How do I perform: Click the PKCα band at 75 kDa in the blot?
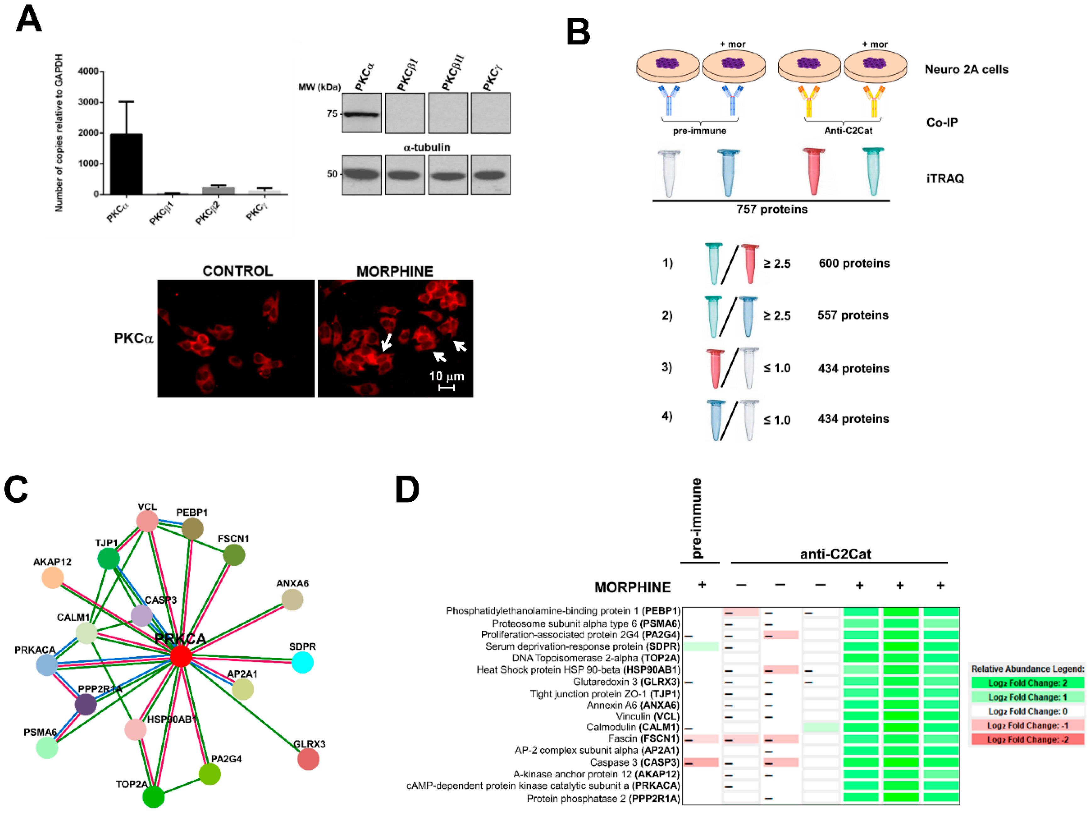point(361,115)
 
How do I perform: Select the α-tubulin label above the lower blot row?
point(426,147)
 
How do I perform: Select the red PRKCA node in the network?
point(181,656)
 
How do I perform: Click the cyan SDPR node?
point(302,662)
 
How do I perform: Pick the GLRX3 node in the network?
point(308,759)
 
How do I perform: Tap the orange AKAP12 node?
point(52,578)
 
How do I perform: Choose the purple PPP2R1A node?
point(86,704)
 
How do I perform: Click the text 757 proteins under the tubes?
point(772,209)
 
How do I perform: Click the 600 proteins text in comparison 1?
point(854,263)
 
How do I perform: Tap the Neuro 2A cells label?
point(966,70)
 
